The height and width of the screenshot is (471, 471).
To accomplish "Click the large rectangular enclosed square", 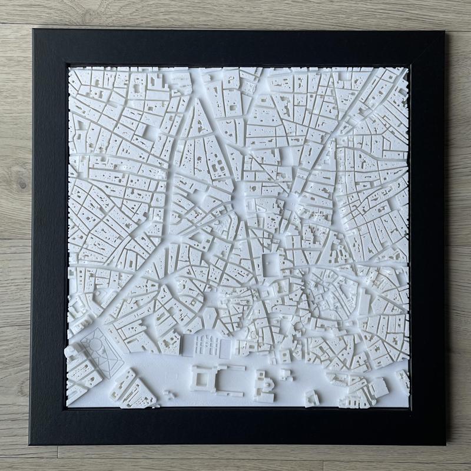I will pos(272,263).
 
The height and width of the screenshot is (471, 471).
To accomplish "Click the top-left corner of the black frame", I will pos(34,31).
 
